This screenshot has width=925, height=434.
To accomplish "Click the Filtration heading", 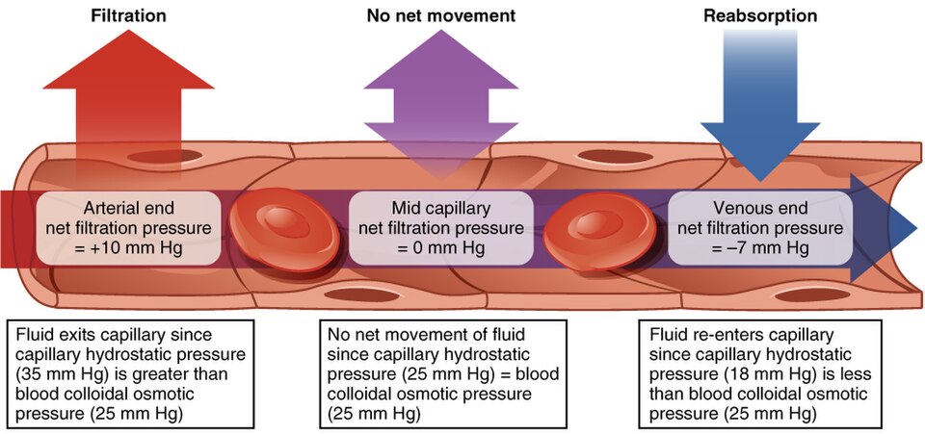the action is coord(128,15).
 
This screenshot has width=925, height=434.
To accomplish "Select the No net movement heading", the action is coord(441,15).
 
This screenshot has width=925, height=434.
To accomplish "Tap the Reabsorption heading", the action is coord(760,16).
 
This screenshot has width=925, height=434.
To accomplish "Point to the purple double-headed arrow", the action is coord(441,103).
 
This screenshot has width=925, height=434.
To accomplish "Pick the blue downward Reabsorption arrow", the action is coord(760,106).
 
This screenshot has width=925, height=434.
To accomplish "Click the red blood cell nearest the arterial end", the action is coord(284,229).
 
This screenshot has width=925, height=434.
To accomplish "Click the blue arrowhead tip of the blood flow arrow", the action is coord(917,227).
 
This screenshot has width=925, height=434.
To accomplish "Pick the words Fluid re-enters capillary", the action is coord(742,337).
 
